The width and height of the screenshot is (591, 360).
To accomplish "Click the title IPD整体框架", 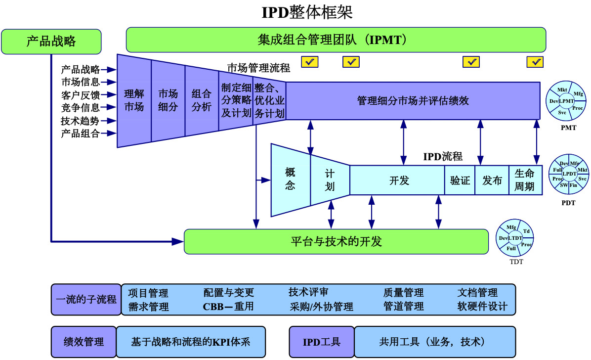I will pos(307,12).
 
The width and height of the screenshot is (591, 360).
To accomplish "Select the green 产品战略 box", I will pos(51,41).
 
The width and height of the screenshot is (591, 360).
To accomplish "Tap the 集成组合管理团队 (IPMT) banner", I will pos(336,40).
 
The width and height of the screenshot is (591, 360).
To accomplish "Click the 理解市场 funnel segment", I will pos(134,100).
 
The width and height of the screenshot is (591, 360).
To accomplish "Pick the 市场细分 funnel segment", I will pos(168,100).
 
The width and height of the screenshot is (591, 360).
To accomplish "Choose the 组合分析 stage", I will pos(202,100).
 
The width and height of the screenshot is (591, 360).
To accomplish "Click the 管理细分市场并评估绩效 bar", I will pos(413,101).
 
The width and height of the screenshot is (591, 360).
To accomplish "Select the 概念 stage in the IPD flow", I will pos(291,180).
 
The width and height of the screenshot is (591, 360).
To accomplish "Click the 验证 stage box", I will pos(460,180).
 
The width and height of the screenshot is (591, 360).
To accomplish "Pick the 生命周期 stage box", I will pos(525,180).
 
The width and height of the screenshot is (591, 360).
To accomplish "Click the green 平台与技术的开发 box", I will pos(336,241).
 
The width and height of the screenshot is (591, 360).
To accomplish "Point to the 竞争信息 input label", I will pos(81,107).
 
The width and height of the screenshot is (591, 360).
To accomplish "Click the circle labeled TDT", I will pos(515,238).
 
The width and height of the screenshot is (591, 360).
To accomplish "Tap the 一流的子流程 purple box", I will pos(86,299).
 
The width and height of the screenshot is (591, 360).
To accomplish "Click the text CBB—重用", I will pos(228,307).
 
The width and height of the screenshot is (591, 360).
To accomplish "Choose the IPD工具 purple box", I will pos(321,342).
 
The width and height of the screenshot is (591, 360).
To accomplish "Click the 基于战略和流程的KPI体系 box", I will pos(191,342).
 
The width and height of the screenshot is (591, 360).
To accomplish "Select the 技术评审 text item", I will pos(308,292).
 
